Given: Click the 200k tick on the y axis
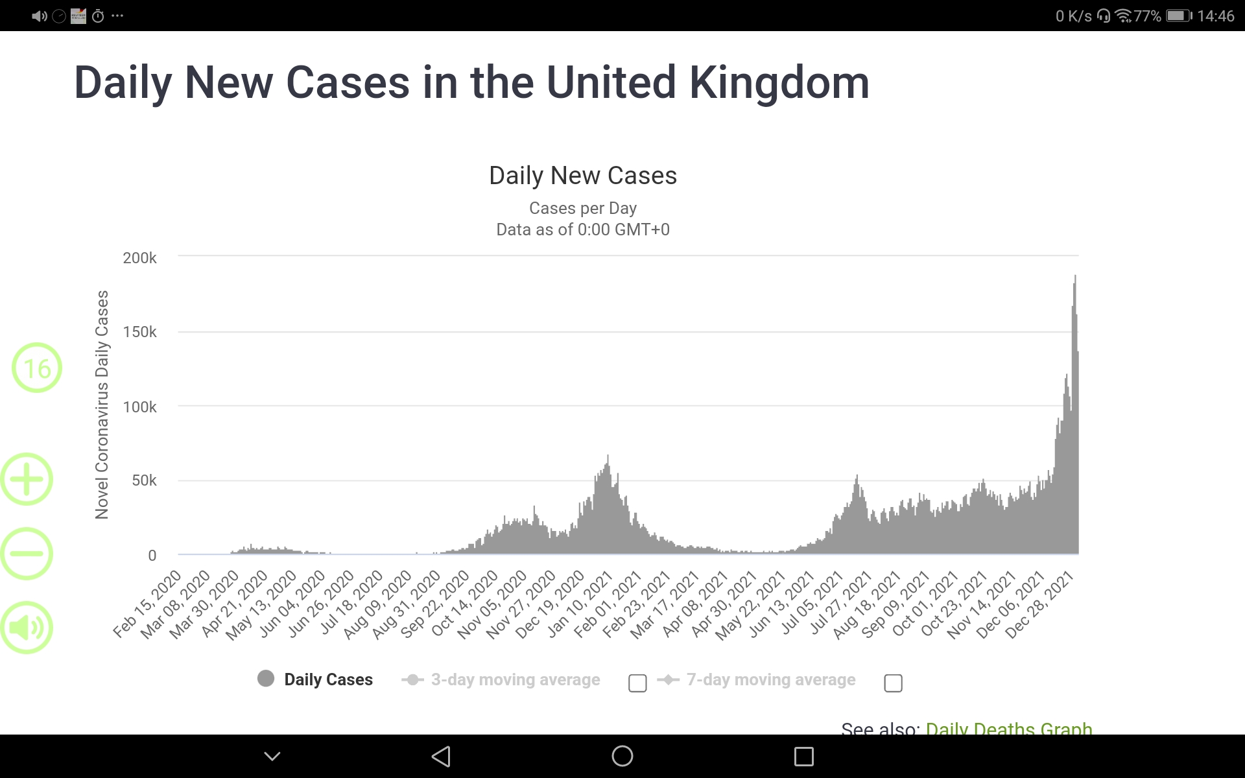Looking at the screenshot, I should coord(139,258).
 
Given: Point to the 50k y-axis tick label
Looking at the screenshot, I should coord(144,480).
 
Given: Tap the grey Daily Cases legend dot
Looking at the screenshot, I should coord(266,679).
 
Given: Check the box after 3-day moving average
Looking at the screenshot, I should coord(637,683).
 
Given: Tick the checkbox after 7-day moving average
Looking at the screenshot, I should coord(893,683).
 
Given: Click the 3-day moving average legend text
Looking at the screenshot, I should coord(516,679).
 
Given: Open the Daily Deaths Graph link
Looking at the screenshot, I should coord(1008,728).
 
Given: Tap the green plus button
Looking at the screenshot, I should coord(27,480).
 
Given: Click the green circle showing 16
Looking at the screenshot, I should coord(37,368).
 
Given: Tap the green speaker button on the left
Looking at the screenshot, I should coord(27,628).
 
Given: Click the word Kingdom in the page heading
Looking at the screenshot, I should coord(778,83).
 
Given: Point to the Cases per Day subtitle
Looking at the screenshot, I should coord(583,208).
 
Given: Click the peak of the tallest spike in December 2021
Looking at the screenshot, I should coord(1075,277).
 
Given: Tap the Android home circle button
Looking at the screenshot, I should coord(622,756).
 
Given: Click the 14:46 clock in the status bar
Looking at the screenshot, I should coord(1215,16).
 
